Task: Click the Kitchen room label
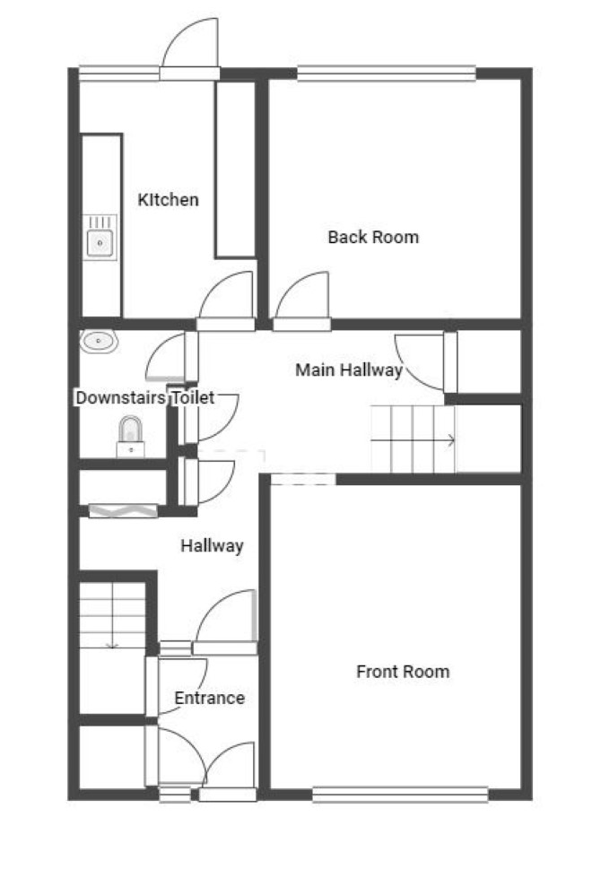pyautogui.click(x=168, y=199)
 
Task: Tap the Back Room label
pyautogui.click(x=373, y=237)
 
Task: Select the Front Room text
pyautogui.click(x=403, y=672)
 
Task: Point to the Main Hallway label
pyautogui.click(x=349, y=369)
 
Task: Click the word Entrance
pyautogui.click(x=210, y=698)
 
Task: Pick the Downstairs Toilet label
pyautogui.click(x=144, y=397)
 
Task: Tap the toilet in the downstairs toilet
pyautogui.click(x=131, y=438)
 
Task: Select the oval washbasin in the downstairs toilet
pyautogui.click(x=99, y=342)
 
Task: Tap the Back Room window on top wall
pyautogui.click(x=387, y=74)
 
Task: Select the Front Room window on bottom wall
pyautogui.click(x=400, y=795)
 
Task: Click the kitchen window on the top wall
pyautogui.click(x=119, y=74)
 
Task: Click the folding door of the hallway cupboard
pyautogui.click(x=123, y=510)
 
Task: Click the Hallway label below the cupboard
pyautogui.click(x=212, y=546)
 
